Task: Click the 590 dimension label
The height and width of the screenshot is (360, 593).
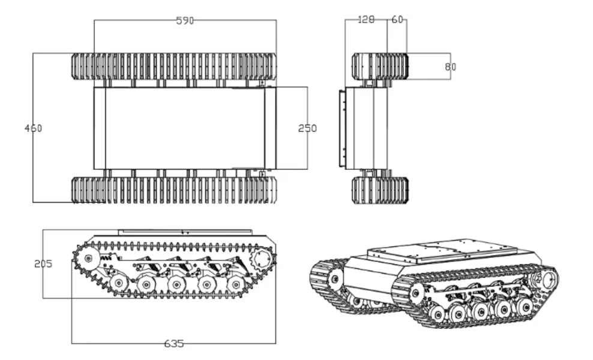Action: pos(185,20)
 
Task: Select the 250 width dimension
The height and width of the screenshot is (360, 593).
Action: pos(307,128)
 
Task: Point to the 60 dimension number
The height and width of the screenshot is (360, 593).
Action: pos(397,20)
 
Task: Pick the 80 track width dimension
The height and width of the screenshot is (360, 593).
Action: pos(450,67)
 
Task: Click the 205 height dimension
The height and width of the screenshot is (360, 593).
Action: pos(43,263)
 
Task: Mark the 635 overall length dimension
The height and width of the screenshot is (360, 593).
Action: pos(174,344)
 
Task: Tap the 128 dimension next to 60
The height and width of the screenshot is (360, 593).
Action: pos(366,20)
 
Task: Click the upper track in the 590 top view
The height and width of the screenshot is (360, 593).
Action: pos(174,66)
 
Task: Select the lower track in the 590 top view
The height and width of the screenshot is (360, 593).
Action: pos(174,190)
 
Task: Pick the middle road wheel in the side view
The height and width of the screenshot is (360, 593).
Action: pos(175,283)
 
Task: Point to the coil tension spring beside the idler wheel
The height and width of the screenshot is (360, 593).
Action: pos(107,257)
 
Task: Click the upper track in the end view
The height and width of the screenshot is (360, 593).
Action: pos(380,66)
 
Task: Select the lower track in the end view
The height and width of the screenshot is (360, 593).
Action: pos(380,190)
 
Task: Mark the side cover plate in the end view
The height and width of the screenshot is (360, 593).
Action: pos(342,128)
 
